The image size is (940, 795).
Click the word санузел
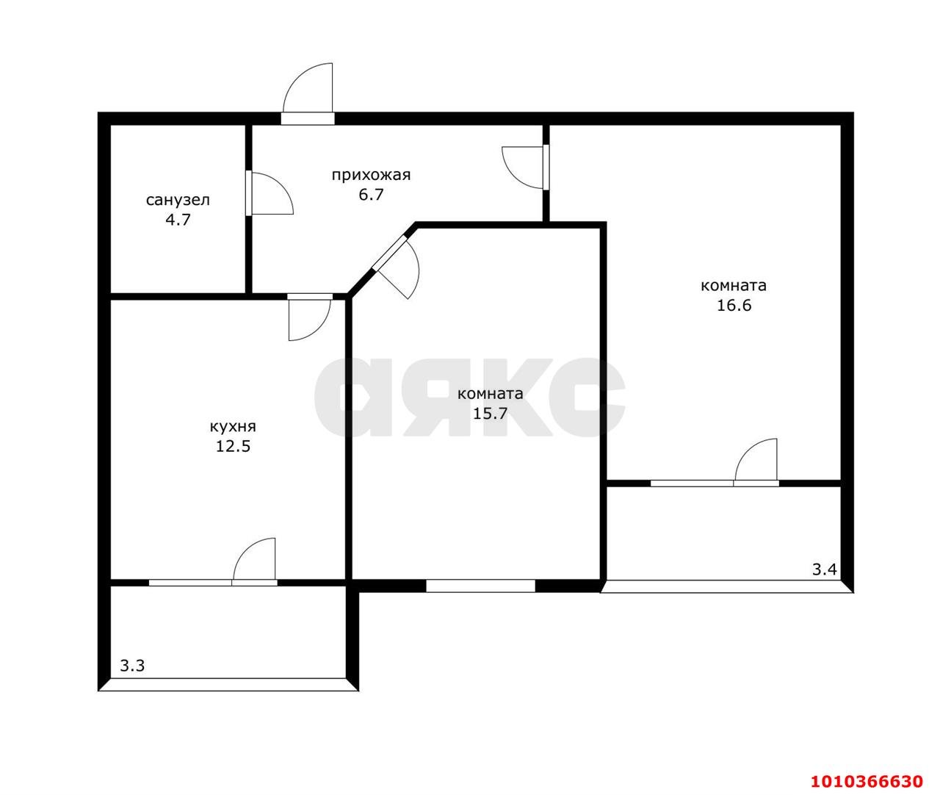click(x=178, y=201)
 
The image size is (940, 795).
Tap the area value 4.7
click(x=178, y=220)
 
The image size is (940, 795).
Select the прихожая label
click(x=371, y=175)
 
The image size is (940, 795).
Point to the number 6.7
click(x=371, y=195)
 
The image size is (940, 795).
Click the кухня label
click(x=233, y=427)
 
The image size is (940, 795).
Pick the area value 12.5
click(x=233, y=447)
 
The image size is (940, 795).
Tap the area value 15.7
click(x=491, y=414)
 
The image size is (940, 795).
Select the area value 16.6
click(x=734, y=306)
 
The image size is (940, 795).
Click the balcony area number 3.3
click(x=132, y=666)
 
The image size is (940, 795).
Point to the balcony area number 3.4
click(x=825, y=569)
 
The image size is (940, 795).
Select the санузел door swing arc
click(x=282, y=183)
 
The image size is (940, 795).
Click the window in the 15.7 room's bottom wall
click(x=480, y=586)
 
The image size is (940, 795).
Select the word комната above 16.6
click(x=734, y=286)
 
